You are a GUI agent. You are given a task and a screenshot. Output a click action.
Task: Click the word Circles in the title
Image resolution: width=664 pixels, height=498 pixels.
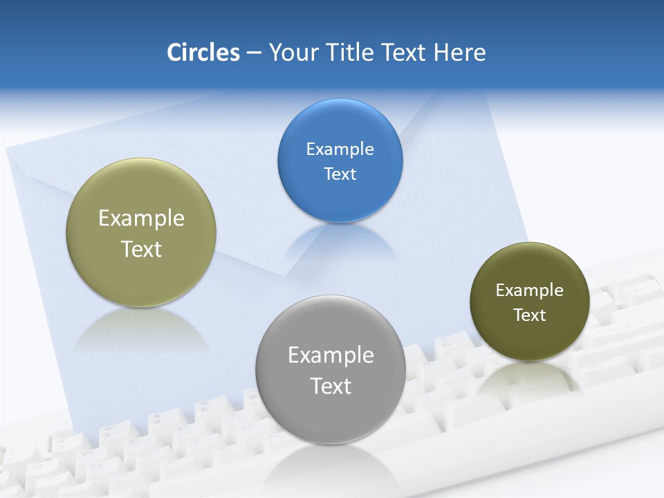pyautogui.click(x=203, y=53)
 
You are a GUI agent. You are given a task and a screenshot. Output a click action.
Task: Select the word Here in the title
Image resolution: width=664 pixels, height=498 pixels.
pyautogui.click(x=459, y=53)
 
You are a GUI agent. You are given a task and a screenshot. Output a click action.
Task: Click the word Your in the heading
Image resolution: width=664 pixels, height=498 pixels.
pyautogui.click(x=293, y=53)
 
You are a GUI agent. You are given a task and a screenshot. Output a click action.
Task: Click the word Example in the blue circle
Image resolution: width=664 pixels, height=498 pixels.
pyautogui.click(x=340, y=149)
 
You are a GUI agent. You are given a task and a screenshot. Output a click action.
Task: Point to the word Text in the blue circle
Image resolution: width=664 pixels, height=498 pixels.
pyautogui.click(x=340, y=174)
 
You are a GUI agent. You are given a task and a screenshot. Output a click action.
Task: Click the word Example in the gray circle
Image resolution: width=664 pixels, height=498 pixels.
pyautogui.click(x=331, y=356)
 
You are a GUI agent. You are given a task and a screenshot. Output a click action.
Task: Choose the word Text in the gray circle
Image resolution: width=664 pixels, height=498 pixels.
pyautogui.click(x=331, y=386)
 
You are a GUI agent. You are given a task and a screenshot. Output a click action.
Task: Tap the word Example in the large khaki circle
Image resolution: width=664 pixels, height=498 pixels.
pyautogui.click(x=141, y=219)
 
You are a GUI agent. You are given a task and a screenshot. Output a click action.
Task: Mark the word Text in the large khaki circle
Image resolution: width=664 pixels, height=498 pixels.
pyautogui.click(x=141, y=249)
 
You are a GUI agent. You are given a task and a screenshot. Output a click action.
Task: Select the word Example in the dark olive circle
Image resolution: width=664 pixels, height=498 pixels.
pyautogui.click(x=530, y=290)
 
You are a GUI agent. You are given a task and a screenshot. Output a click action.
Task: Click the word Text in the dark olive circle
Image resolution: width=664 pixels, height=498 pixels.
pyautogui.click(x=530, y=315)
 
